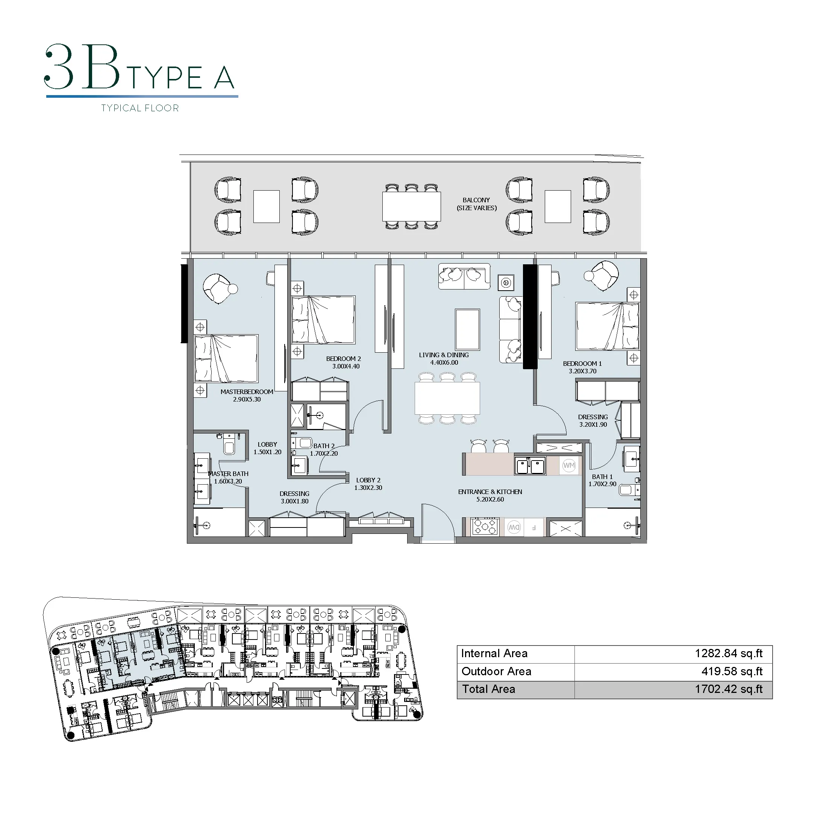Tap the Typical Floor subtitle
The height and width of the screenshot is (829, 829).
click(140, 108)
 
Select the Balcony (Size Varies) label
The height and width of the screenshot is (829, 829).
click(477, 204)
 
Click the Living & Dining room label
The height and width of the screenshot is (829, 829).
click(444, 359)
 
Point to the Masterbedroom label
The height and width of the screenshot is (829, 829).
click(247, 396)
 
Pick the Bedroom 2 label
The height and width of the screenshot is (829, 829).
click(344, 362)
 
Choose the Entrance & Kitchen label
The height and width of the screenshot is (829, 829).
click(490, 496)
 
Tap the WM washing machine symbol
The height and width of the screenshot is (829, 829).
click(569, 465)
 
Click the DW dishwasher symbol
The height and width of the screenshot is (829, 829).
click(514, 527)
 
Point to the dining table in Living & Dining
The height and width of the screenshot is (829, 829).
click(447, 398)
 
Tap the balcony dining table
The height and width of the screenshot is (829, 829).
click(412, 206)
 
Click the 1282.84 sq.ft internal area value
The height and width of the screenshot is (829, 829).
click(729, 653)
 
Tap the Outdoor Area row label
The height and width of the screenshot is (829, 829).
click(496, 671)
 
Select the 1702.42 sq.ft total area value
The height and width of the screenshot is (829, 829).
click(729, 689)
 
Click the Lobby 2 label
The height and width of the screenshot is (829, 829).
click(368, 484)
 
